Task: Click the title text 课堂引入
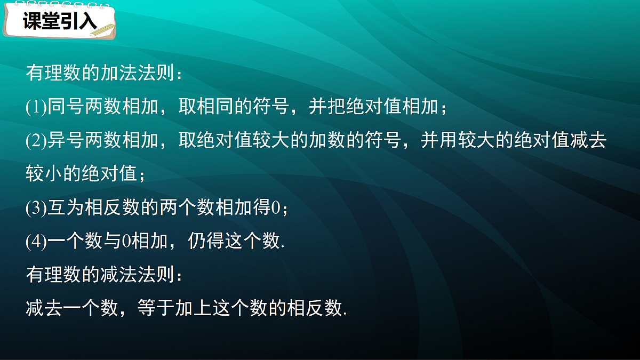(59, 21)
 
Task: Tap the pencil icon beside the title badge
(103, 30)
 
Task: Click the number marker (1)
(36, 107)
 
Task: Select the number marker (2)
(36, 141)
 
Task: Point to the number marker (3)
(36, 208)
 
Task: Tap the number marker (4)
(36, 242)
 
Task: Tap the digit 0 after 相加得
(276, 208)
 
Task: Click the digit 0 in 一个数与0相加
(126, 242)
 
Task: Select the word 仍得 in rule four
(206, 242)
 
